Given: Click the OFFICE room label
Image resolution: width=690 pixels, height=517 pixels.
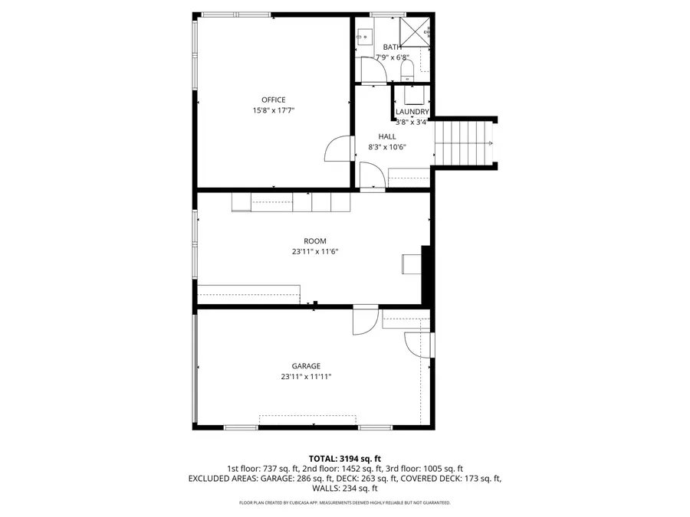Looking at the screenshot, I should (273, 100).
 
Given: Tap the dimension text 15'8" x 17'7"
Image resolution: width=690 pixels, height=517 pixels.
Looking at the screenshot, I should (273, 110).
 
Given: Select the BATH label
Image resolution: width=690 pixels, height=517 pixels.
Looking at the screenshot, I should (392, 47).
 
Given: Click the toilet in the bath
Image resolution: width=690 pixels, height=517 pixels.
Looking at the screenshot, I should (408, 72).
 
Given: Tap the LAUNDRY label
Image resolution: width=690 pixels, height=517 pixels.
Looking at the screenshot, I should (412, 112).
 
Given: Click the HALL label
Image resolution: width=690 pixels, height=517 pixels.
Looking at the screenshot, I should (386, 136).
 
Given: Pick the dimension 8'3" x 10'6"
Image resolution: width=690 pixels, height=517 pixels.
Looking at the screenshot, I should (386, 147).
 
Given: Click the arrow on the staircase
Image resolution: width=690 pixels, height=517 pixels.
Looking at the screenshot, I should (488, 144).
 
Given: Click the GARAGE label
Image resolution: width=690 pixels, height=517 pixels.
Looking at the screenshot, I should (305, 365).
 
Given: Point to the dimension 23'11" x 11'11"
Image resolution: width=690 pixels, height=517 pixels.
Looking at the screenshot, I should (305, 376).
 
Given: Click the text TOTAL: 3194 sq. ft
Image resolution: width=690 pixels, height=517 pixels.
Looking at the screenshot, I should (344, 457).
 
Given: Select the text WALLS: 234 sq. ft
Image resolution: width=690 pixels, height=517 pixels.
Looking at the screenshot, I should (344, 488).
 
